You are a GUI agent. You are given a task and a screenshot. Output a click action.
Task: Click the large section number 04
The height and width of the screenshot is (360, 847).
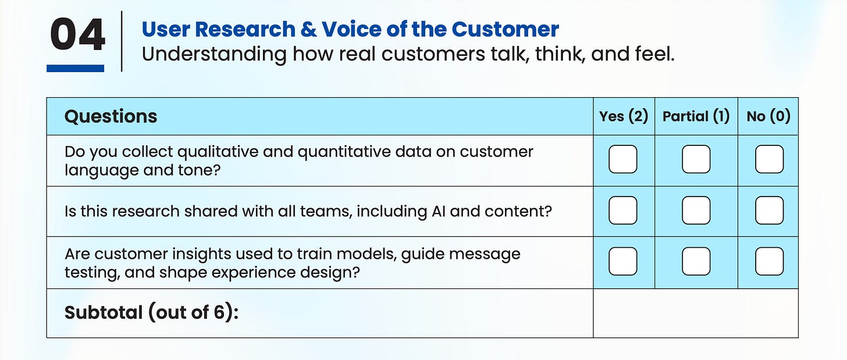click(77, 34)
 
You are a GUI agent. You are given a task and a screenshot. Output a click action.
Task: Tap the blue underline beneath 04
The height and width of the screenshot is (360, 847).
click(75, 68)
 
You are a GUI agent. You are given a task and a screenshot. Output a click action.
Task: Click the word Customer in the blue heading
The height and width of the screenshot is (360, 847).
click(505, 29)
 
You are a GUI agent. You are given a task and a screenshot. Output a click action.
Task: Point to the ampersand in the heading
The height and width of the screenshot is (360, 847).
click(309, 30)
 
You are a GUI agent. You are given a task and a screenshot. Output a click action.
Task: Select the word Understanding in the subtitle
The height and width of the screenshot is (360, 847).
click(214, 55)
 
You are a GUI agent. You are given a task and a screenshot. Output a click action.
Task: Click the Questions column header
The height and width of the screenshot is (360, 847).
click(111, 116)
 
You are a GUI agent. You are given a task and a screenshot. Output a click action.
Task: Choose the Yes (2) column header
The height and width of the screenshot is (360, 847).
click(624, 116)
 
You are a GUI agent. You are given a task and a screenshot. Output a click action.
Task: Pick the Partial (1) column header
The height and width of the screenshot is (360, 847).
click(696, 116)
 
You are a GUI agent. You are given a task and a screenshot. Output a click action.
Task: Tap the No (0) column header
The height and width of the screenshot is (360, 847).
click(768, 116)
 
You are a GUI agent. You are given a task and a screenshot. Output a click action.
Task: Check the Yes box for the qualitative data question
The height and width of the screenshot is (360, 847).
click(623, 159)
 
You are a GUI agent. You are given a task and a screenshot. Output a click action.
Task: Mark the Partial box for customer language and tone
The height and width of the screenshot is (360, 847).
click(696, 159)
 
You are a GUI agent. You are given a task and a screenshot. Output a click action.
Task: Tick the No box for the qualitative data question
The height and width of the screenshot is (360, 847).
click(769, 159)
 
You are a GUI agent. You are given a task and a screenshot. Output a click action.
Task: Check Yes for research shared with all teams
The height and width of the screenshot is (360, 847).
click(623, 211)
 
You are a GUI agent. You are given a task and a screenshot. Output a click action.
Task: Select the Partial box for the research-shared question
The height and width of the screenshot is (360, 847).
click(696, 211)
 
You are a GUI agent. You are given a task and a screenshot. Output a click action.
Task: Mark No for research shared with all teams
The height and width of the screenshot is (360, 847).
click(769, 211)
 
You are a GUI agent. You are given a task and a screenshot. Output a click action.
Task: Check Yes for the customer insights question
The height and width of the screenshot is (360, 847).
click(623, 261)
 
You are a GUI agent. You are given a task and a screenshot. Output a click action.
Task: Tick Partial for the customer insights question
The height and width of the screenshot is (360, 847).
click(696, 261)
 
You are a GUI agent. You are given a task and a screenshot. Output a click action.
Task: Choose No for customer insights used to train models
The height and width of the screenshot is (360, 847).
click(769, 261)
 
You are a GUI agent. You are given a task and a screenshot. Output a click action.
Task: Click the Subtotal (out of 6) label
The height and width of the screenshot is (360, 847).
click(151, 313)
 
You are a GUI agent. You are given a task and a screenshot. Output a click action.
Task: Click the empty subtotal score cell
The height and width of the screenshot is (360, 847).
click(696, 313)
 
